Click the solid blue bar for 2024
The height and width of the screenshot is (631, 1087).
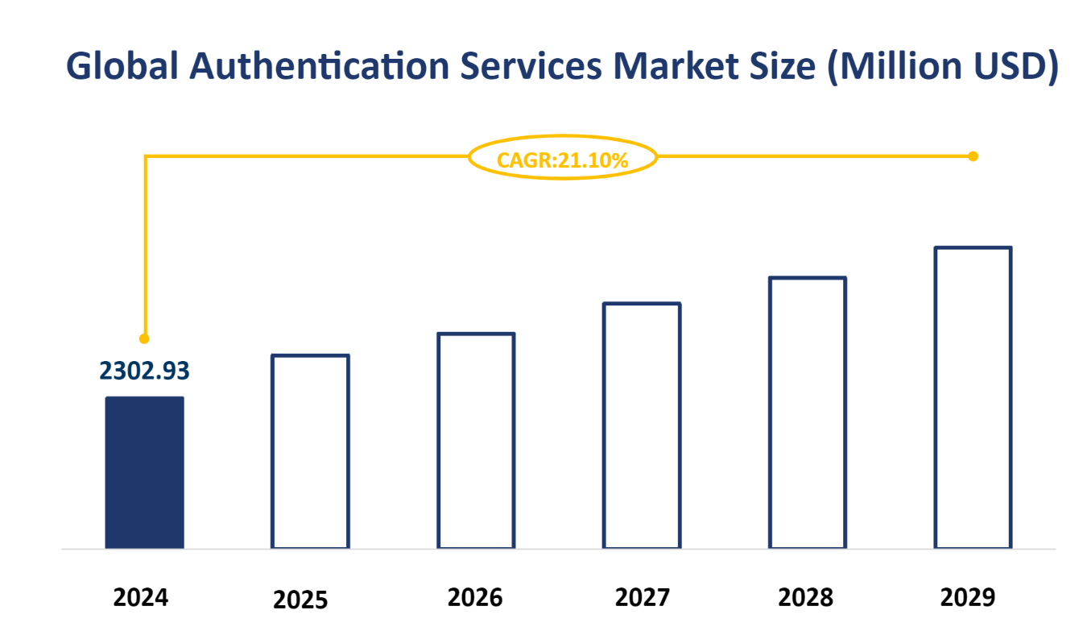coord(144,473)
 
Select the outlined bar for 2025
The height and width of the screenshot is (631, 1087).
coord(310,452)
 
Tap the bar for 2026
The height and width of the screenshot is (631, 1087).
coord(476,441)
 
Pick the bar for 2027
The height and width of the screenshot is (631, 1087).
coord(642,426)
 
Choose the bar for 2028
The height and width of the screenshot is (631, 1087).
coord(808,413)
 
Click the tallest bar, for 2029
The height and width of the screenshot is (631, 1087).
coord(973,398)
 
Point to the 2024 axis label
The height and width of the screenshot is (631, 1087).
coord(141,597)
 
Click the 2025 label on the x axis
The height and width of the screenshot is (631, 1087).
coord(300,600)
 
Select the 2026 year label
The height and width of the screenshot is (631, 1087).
coord(475,597)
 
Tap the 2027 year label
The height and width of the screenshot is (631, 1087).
coord(642,597)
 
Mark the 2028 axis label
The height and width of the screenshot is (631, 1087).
coord(806,597)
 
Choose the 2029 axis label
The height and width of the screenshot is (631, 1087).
coord(968,597)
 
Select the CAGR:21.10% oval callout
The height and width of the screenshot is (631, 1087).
coord(563,159)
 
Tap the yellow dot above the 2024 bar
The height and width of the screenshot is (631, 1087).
coord(144,338)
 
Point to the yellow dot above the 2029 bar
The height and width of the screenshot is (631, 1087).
coord(973,156)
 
